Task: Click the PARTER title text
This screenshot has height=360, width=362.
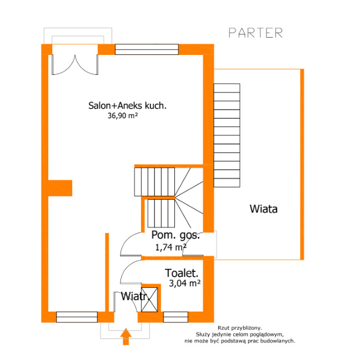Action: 255,33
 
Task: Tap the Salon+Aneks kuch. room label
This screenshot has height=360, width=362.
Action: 127,105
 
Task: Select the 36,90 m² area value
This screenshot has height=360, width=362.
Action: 123,115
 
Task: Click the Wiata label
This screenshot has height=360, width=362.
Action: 263,209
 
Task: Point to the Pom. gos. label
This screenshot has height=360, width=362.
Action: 175,235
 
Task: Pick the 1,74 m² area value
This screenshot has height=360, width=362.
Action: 170,247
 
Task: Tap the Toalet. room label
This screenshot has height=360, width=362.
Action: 182,273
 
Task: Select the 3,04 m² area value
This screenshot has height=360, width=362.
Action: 185,283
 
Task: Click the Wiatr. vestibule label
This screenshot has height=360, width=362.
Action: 135,296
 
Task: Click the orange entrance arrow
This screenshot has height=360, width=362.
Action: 126,337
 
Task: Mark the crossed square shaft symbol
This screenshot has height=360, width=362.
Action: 149,300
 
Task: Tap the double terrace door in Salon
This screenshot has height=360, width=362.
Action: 75,64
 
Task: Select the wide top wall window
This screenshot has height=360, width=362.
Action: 147,49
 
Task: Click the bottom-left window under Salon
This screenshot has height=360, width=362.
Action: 77,317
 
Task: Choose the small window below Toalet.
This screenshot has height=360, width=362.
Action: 175,317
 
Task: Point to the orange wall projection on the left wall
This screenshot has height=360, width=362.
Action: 61,188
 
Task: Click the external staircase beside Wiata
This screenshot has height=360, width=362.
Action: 227,135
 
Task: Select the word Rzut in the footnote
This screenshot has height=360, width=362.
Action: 224,328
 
